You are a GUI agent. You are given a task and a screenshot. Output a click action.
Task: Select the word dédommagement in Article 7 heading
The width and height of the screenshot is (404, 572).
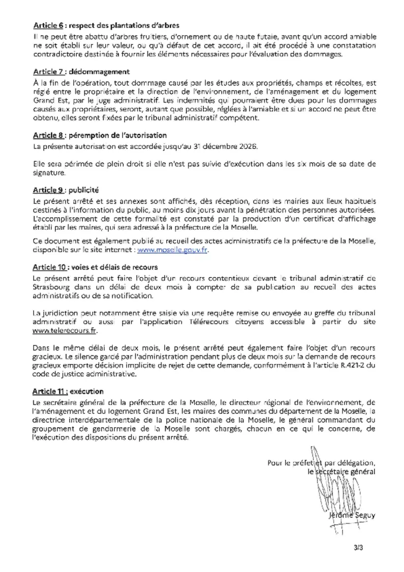[x=95, y=71]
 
